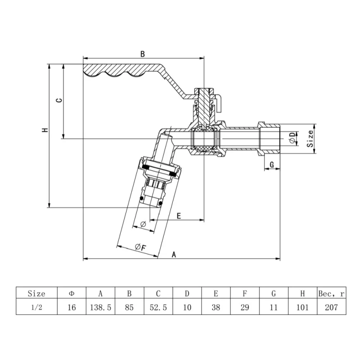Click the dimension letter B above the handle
coord(142,54)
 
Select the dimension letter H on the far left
coord(44,130)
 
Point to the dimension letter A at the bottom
coord(175,254)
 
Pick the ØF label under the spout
coord(139,247)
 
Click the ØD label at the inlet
coord(292,137)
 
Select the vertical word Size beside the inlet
coord(310,139)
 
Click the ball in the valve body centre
coord(204,139)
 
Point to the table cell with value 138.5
coord(101,307)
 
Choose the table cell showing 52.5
coord(158,307)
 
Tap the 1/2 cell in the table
coord(36,307)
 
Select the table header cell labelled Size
coord(36,294)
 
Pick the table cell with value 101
coord(302,307)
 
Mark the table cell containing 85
coord(130,307)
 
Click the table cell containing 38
coord(216,307)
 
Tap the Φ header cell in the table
coord(72,294)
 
